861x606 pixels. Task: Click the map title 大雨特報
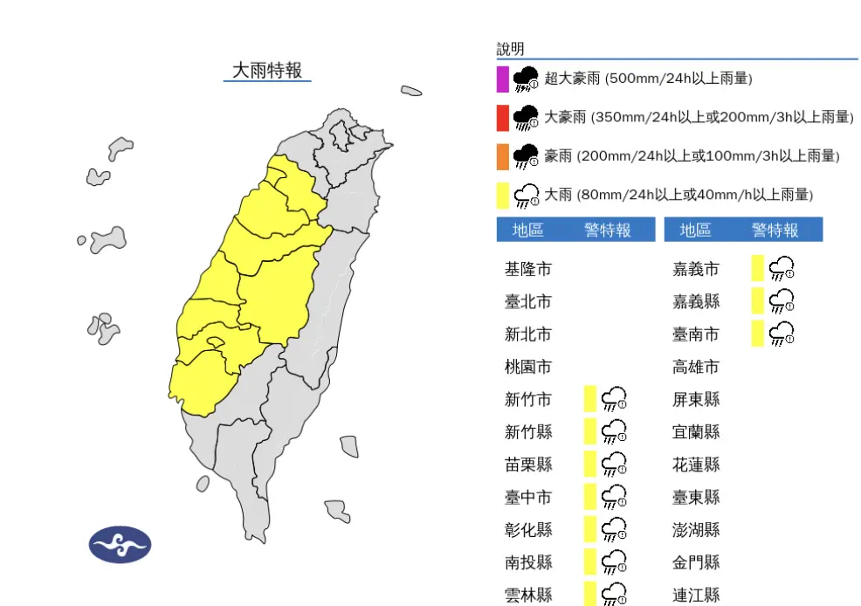pos(267,70)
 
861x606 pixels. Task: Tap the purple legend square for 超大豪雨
pos(503,79)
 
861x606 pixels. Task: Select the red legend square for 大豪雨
pos(503,117)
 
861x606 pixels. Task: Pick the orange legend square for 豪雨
pos(503,156)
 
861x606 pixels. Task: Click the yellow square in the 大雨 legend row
pos(503,195)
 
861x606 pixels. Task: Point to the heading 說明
pos(511,49)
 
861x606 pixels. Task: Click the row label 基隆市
pos(528,269)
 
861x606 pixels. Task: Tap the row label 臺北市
pos(528,301)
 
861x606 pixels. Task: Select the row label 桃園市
pos(528,367)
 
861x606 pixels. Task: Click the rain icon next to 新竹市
pos(615,399)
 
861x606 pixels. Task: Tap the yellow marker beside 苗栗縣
pos(590,464)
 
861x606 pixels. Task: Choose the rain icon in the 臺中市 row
pos(615,497)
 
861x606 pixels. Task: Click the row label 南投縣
pos(528,562)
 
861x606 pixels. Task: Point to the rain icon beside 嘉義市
pos(782,269)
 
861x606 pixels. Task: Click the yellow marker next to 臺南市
pos(758,334)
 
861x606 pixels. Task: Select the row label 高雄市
pos(696,367)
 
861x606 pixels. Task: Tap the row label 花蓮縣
pos(696,465)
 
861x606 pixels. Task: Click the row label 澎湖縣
pos(696,529)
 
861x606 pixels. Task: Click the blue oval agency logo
pos(121,545)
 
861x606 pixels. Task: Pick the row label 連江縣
pos(696,595)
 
